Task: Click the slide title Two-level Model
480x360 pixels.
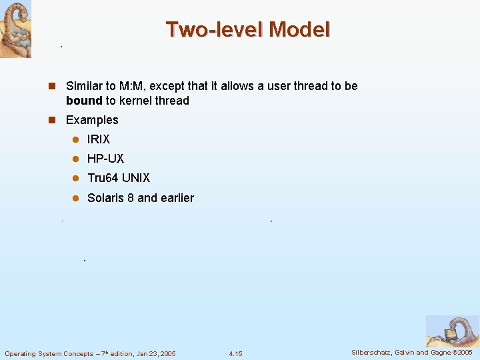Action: coord(247,29)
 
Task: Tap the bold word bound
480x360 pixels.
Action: coord(83,101)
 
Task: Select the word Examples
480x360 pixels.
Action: coord(92,120)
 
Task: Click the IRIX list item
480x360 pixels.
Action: coord(99,139)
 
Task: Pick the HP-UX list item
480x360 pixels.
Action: coord(105,159)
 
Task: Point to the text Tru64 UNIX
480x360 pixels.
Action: coord(119,178)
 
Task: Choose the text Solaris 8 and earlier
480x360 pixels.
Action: coord(141,198)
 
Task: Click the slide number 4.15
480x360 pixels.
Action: coord(235,353)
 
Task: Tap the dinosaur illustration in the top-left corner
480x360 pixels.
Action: coord(15,29)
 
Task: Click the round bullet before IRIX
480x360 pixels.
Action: coord(76,140)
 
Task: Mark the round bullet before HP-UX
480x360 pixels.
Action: coord(76,159)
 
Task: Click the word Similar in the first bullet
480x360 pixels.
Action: coord(85,86)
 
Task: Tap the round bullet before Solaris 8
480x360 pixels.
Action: coord(76,199)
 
